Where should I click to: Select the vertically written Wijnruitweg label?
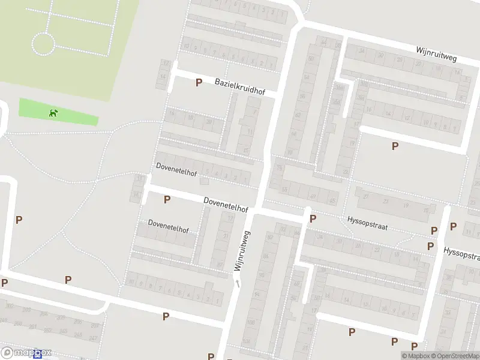pyautogui.click(x=242, y=252)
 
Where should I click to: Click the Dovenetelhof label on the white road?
pyautogui.click(x=226, y=205)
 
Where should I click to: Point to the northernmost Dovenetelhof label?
pyautogui.click(x=176, y=169)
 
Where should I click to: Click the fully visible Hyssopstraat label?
pyautogui.click(x=367, y=224)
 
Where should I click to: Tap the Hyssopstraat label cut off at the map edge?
pyautogui.click(x=461, y=253)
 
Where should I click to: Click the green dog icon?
pyautogui.click(x=54, y=112)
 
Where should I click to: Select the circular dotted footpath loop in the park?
pyautogui.click(x=43, y=44)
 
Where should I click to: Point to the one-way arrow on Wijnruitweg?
pyautogui.click(x=238, y=283)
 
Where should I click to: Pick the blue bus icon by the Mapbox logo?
pyautogui.click(x=38, y=355)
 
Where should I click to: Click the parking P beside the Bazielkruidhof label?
pyautogui.click(x=199, y=82)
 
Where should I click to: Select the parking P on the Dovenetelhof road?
pyautogui.click(x=167, y=199)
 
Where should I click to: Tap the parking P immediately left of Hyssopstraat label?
pyautogui.click(x=313, y=219)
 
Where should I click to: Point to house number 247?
pyautogui.click(x=92, y=338)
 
